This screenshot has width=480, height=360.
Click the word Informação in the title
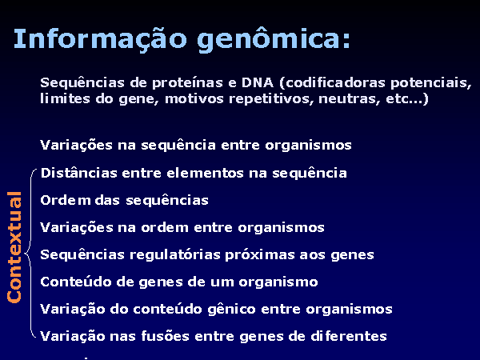[x=100, y=39]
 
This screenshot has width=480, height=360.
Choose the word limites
[x=65, y=99]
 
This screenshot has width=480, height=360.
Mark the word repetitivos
[x=271, y=99]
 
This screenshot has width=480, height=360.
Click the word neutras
[x=350, y=99]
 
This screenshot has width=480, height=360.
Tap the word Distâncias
[x=78, y=173]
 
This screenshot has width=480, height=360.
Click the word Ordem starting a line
[x=66, y=200]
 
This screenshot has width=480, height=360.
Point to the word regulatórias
[x=174, y=255]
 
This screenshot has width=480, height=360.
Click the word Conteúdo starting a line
[x=76, y=282]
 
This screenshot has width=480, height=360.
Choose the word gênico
[x=231, y=309]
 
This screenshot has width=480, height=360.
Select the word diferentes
[x=349, y=336]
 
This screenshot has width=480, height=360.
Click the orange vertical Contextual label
[x=14, y=247]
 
